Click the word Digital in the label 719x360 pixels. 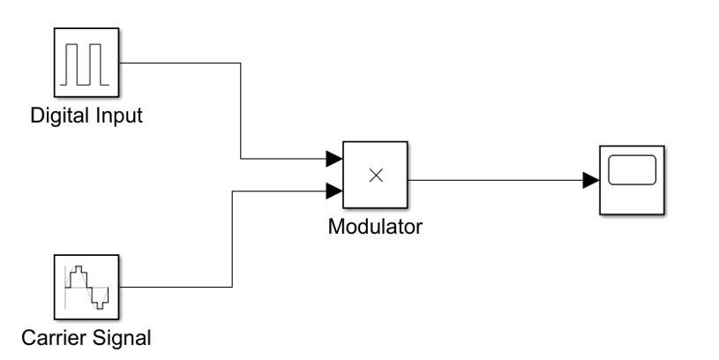(55, 116)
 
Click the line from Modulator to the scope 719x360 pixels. (494, 180)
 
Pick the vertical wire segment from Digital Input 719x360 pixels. (241, 110)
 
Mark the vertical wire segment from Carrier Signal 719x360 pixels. (232, 238)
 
